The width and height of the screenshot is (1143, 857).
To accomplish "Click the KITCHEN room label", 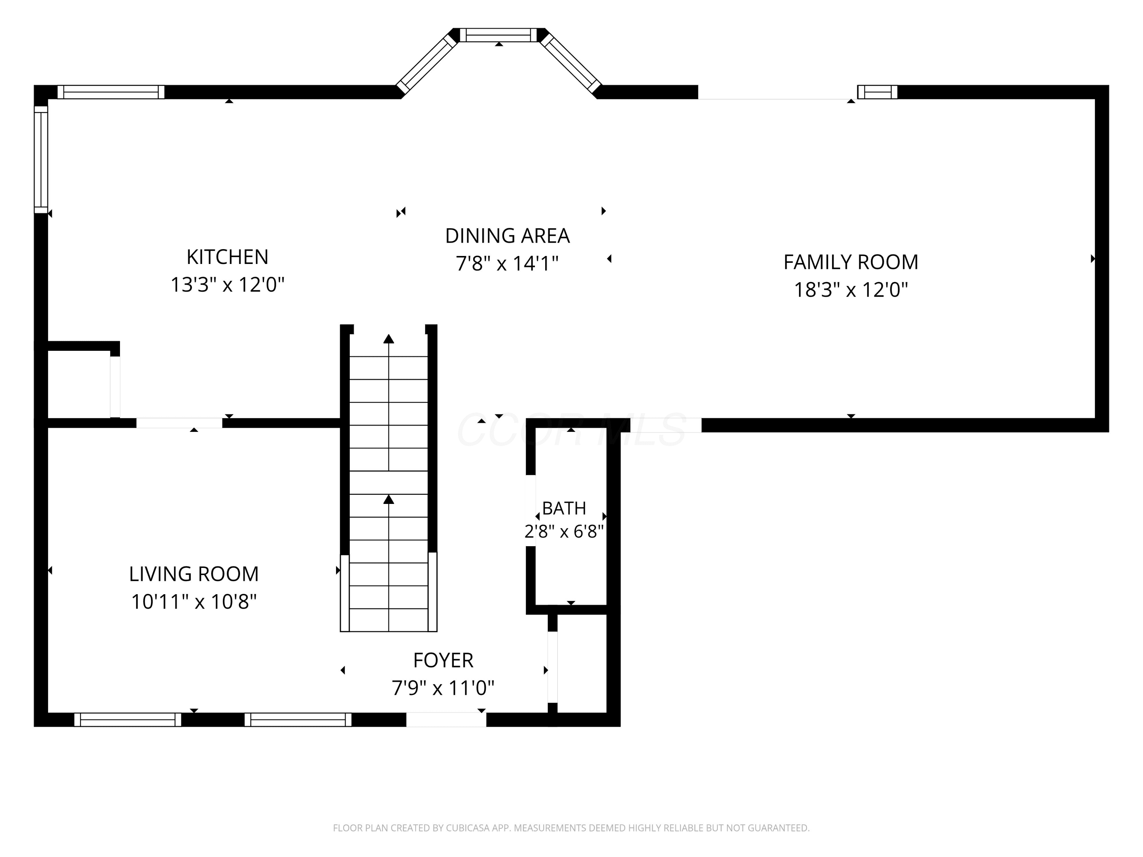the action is (227, 257).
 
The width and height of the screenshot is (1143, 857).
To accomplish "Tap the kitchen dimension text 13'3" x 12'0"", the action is (227, 285).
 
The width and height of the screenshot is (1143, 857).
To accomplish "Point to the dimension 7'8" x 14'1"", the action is (507, 264).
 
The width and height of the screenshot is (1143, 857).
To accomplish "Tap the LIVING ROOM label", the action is (194, 574).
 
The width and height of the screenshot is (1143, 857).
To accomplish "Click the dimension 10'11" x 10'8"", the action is (194, 602).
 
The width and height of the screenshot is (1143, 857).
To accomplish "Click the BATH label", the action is (564, 508).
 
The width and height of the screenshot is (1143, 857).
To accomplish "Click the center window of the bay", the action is (499, 35).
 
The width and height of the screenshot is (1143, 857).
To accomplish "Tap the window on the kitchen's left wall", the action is (41, 160).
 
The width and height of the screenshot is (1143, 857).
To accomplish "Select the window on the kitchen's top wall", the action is (110, 92).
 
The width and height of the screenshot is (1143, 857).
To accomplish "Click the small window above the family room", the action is (877, 92).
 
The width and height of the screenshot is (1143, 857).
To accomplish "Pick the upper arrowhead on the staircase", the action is (389, 339).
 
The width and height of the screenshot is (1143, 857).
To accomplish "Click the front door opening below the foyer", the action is (446, 719).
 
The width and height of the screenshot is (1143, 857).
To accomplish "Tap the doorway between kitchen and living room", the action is (179, 423).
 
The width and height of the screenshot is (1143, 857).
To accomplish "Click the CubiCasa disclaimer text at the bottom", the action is (571, 828).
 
